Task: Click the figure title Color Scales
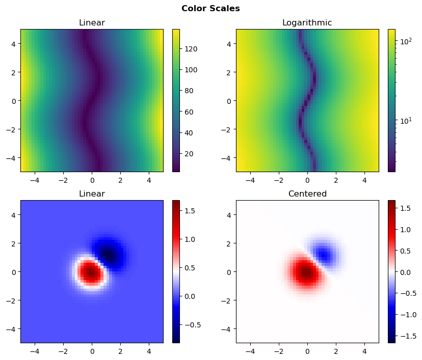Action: pos(210,8)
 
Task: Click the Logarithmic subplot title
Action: pos(307,23)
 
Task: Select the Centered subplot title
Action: pos(307,194)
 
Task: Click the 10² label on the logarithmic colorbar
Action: pos(405,41)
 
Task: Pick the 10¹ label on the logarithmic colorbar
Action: pos(405,121)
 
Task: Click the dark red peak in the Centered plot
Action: pos(306,273)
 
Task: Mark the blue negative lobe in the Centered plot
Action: pos(323,254)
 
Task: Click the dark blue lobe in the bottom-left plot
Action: pos(108,253)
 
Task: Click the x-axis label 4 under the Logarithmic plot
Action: pos(364,180)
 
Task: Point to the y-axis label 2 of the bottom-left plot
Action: pos(14,243)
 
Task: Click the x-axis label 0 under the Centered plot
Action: pos(307,351)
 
